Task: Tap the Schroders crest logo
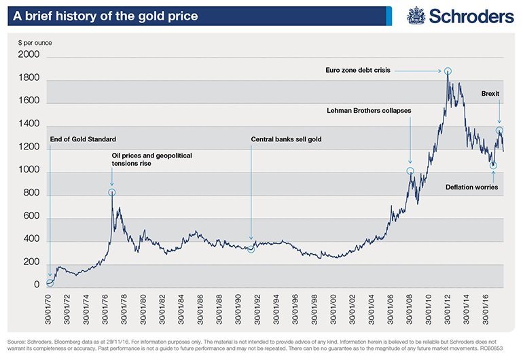pos(416,15)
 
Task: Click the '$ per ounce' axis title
pos(35,43)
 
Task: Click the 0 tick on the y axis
pos(38,286)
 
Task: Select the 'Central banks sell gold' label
pos(286,139)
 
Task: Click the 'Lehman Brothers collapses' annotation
pos(369,110)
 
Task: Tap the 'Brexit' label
pos(492,92)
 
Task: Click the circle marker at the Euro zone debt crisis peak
pos(448,71)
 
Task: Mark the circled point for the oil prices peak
pos(112,193)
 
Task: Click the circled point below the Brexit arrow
pos(499,130)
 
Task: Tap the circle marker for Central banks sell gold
pos(251,249)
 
